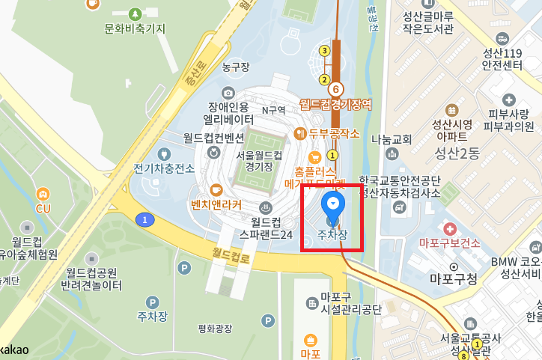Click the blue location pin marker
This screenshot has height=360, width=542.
(332, 206)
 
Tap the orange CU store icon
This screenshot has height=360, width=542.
(43, 192)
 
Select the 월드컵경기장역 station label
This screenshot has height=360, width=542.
(335, 105)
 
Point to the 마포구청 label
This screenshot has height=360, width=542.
(454, 279)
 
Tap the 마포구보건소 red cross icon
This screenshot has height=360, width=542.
(450, 228)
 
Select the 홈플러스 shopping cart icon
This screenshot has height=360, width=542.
(315, 156)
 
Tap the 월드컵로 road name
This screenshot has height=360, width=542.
(232, 256)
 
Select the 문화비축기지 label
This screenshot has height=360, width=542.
(135, 28)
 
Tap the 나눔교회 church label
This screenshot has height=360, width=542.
(392, 139)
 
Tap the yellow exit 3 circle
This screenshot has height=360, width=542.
(324, 51)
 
